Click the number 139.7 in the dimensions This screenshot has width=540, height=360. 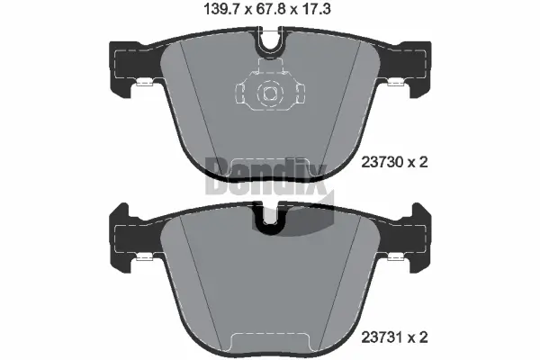click(216, 12)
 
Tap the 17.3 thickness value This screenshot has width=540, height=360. click(320, 12)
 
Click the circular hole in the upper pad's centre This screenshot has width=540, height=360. click(269, 92)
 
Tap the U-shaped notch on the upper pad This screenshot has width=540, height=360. click(269, 41)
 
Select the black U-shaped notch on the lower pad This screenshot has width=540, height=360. click(269, 219)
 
